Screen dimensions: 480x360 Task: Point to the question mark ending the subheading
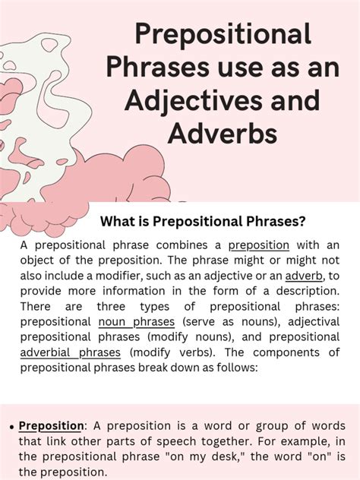pyautogui.click(x=302, y=221)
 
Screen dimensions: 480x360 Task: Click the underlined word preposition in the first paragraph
pyautogui.click(x=258, y=245)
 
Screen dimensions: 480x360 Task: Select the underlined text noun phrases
pyautogui.click(x=120, y=322)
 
